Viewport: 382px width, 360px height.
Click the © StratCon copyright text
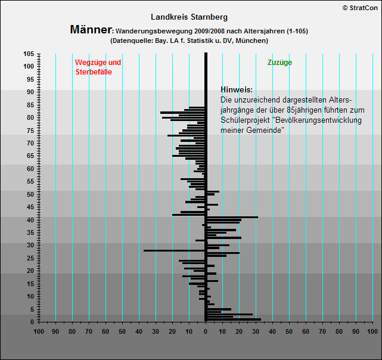click(360, 8)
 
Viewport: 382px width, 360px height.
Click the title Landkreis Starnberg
click(189, 17)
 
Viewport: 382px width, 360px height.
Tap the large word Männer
click(91, 29)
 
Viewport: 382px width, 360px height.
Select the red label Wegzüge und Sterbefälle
click(98, 67)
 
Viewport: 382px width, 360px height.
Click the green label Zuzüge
click(279, 63)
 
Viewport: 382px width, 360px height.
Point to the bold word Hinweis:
click(237, 89)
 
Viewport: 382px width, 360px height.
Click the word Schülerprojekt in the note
click(246, 120)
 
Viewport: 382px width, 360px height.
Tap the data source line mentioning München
click(189, 41)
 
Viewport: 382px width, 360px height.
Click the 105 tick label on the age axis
click(29, 54)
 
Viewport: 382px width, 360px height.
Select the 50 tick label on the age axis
click(30, 194)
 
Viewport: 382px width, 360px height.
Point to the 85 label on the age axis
click(30, 105)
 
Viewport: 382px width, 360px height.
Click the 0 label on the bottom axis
click(206, 331)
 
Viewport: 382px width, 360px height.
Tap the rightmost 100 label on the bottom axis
click(372, 331)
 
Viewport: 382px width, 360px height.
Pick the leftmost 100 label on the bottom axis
click(39, 331)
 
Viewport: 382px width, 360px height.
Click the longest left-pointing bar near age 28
click(174, 250)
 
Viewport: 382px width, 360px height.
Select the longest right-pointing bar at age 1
click(234, 319)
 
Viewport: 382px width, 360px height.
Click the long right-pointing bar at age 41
click(232, 217)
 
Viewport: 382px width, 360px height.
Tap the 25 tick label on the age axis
click(30, 258)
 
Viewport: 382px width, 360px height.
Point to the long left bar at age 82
click(182, 113)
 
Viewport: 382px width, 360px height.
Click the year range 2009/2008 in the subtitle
click(210, 31)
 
